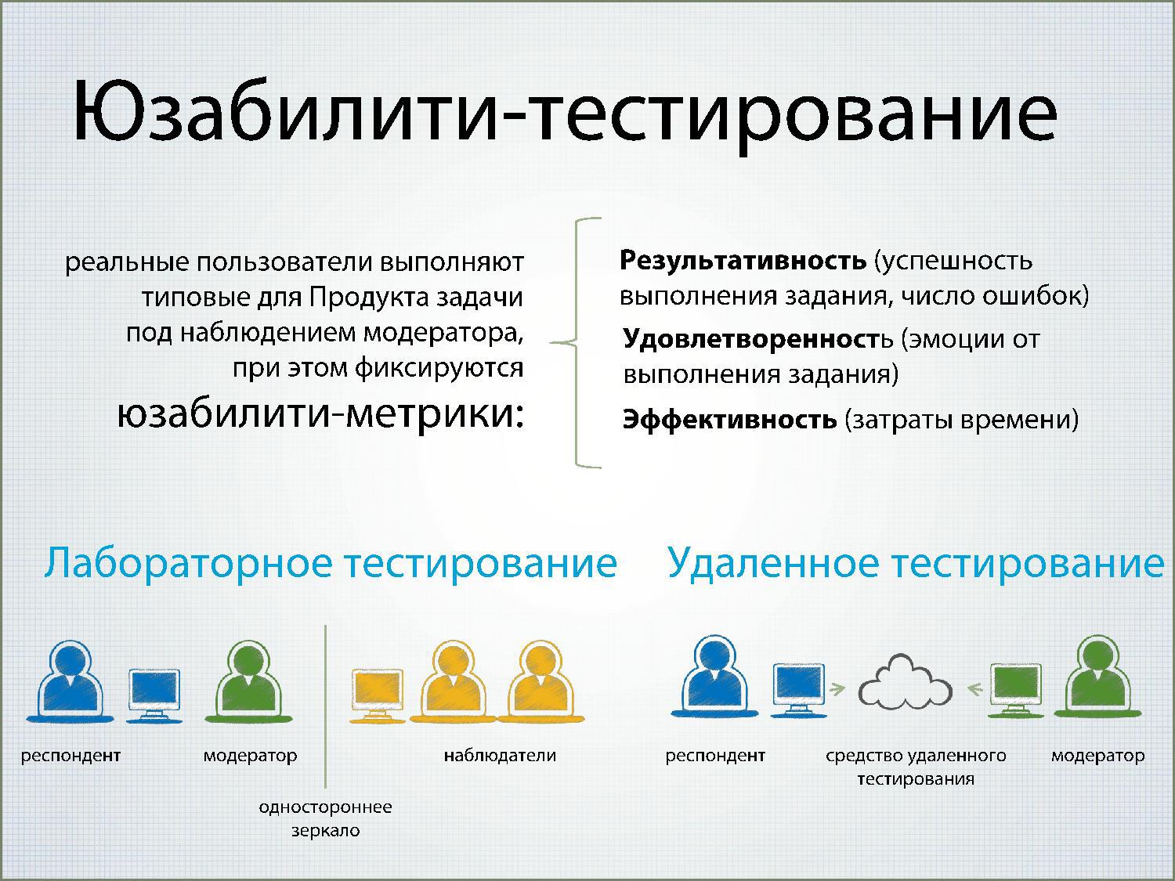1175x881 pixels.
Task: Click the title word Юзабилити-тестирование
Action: pos(564,114)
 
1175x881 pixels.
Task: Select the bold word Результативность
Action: pos(743,261)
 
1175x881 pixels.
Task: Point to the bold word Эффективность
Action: pos(729,419)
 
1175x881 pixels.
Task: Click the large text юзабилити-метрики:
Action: pos(320,414)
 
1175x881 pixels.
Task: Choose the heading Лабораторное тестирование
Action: pos(331,563)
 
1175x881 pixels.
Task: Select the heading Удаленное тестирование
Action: pos(916,563)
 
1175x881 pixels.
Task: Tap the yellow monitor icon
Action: pos(377,695)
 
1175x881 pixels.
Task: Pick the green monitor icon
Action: pos(1016,690)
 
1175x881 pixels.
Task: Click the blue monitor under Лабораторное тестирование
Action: pos(154,695)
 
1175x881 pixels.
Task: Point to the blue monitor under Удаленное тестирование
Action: pos(799,690)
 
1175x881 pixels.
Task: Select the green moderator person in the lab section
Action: pos(248,681)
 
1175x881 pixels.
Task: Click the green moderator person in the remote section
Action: pos(1098,676)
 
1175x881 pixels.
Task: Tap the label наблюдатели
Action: pos(500,756)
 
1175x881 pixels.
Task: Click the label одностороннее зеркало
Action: pos(325,818)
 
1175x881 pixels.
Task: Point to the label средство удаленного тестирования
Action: pos(916,767)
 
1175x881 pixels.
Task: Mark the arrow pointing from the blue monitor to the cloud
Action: pos(837,689)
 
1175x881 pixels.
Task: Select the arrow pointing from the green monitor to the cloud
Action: pos(976,689)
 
